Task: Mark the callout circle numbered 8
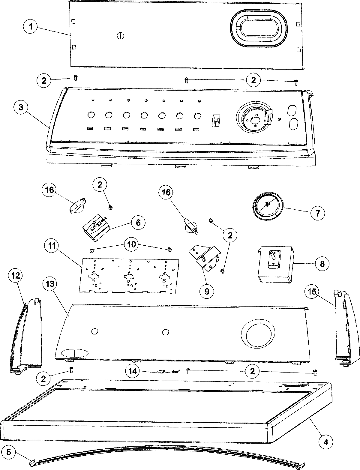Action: click(322, 263)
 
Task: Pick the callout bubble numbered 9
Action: click(207, 290)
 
